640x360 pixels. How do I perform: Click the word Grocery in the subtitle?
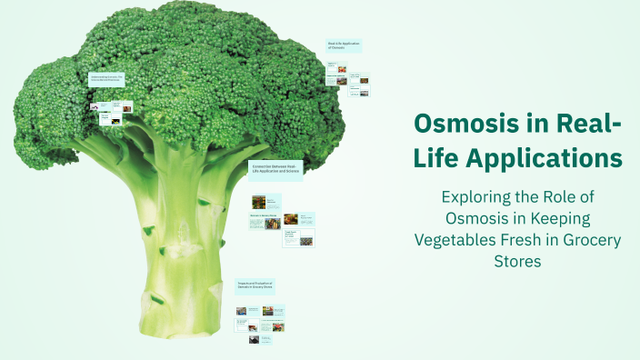point(592,241)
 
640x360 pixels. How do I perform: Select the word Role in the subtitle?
point(567,196)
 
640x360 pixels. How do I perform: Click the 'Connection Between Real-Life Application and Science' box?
point(275,168)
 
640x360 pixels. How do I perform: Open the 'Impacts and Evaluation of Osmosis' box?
point(255,286)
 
